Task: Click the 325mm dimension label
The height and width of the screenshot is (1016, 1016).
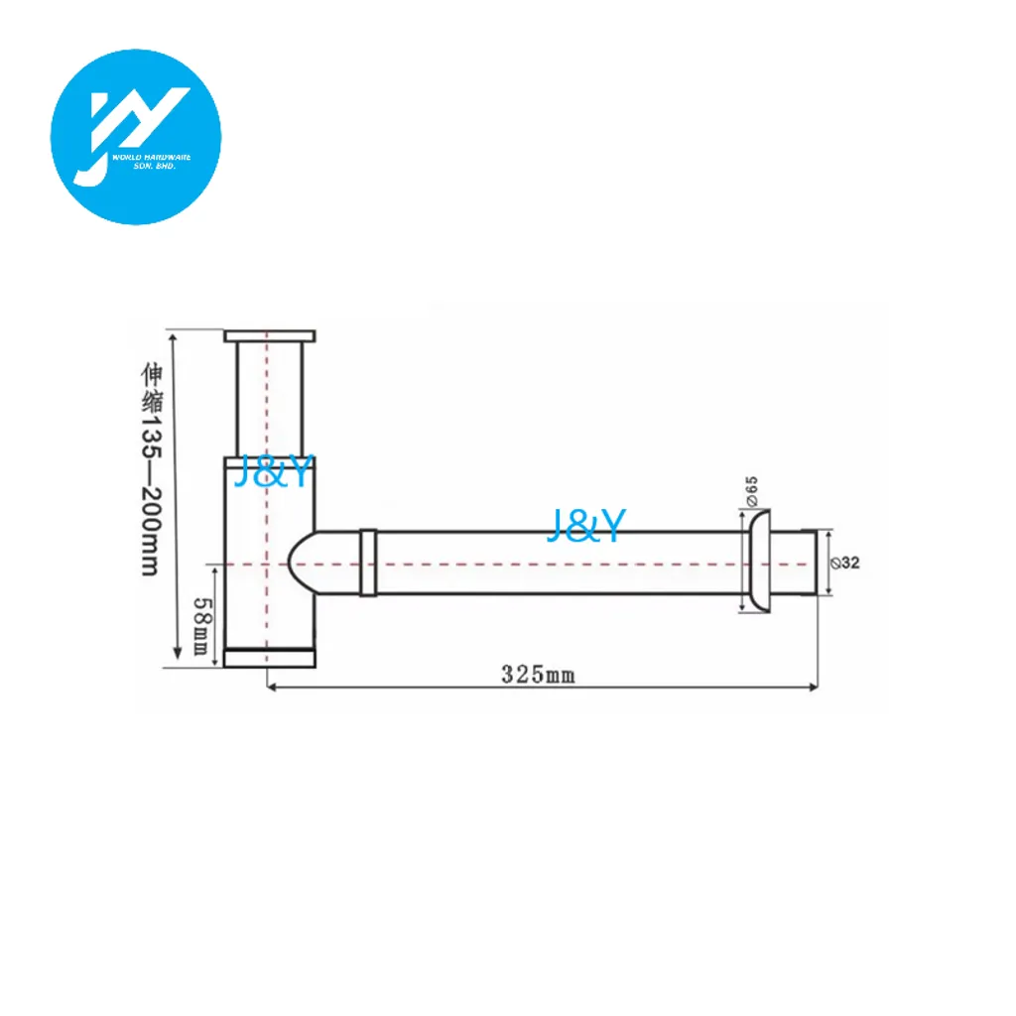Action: point(538,675)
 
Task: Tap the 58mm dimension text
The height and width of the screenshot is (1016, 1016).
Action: point(202,626)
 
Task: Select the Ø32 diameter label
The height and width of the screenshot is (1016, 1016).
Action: point(845,564)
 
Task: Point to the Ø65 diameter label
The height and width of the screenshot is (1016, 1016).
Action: point(752,491)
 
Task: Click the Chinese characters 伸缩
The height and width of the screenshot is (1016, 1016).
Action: point(152,388)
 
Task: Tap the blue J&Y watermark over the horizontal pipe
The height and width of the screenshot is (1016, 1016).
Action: point(586,525)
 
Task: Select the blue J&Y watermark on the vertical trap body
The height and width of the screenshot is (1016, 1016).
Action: point(274,471)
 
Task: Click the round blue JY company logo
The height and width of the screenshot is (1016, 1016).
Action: point(136,137)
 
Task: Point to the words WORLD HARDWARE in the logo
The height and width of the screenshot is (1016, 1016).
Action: point(152,158)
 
